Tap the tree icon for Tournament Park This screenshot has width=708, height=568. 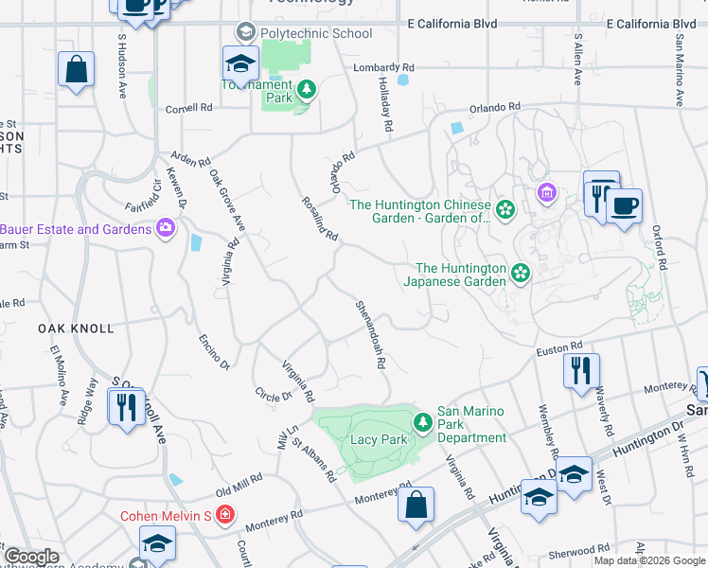click(307, 91)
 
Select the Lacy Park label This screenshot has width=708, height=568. click(378, 439)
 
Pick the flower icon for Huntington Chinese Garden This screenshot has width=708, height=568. click(505, 208)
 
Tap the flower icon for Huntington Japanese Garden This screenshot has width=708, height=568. click(520, 274)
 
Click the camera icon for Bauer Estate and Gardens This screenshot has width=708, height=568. click(166, 228)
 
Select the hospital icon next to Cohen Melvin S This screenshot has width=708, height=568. click(224, 516)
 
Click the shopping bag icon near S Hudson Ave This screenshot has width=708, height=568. click(76, 70)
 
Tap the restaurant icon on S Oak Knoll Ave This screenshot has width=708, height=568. click(126, 406)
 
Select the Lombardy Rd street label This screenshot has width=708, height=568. click(384, 67)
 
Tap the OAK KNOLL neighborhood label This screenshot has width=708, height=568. click(76, 328)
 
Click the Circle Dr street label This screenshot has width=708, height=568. click(274, 395)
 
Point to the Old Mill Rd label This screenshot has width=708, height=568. click(238, 485)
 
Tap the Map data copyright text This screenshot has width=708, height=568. click(648, 560)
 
